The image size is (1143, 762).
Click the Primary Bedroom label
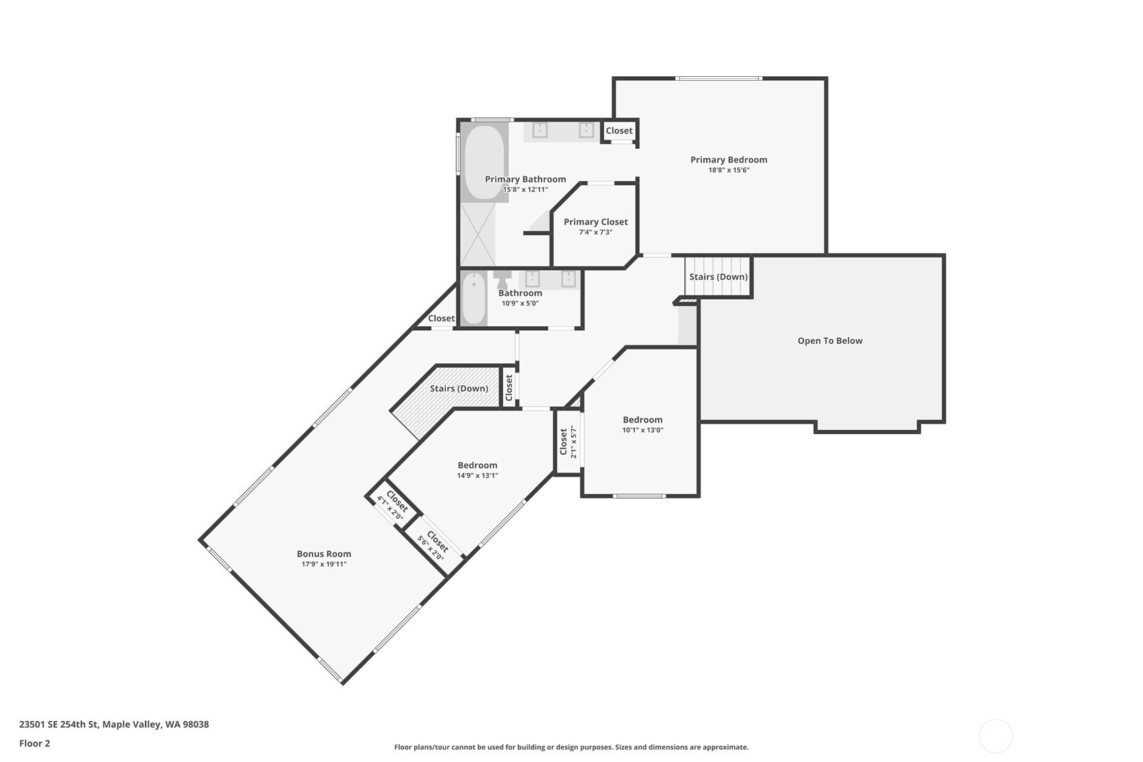pyautogui.click(x=728, y=160)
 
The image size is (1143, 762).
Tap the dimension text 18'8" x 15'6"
pyautogui.click(x=728, y=170)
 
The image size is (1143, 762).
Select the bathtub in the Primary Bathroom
pyautogui.click(x=484, y=162)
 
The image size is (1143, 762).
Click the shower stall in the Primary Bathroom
pyautogui.click(x=478, y=234)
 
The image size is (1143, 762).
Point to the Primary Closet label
pyautogui.click(x=595, y=222)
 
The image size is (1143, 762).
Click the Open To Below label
pyautogui.click(x=830, y=341)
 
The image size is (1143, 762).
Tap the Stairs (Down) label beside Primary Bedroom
pyautogui.click(x=718, y=277)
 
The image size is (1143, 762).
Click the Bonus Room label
pyautogui.click(x=324, y=554)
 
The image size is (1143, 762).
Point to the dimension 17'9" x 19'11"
pyautogui.click(x=324, y=565)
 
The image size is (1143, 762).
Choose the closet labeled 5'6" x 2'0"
pyautogui.click(x=434, y=546)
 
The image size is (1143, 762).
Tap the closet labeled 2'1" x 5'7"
pyautogui.click(x=568, y=442)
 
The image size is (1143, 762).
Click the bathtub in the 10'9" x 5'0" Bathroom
pyautogui.click(x=474, y=298)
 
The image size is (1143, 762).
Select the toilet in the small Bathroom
pyautogui.click(x=502, y=278)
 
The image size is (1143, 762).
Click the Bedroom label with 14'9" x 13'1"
pyautogui.click(x=477, y=465)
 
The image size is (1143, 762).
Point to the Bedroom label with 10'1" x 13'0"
pyautogui.click(x=643, y=420)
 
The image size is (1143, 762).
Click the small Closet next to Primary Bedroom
pyautogui.click(x=619, y=131)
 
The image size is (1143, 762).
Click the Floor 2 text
pyautogui.click(x=34, y=743)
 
